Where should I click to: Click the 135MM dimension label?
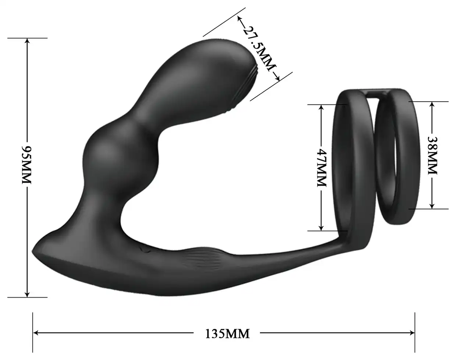tap(227, 334)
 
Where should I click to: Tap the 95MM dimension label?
tap(27, 165)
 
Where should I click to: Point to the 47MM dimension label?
tap(321, 167)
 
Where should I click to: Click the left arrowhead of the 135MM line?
tap(36, 333)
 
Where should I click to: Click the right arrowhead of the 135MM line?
tap(412, 333)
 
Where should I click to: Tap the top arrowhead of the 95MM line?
tap(27, 41)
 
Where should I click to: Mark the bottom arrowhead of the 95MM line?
tap(27, 294)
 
